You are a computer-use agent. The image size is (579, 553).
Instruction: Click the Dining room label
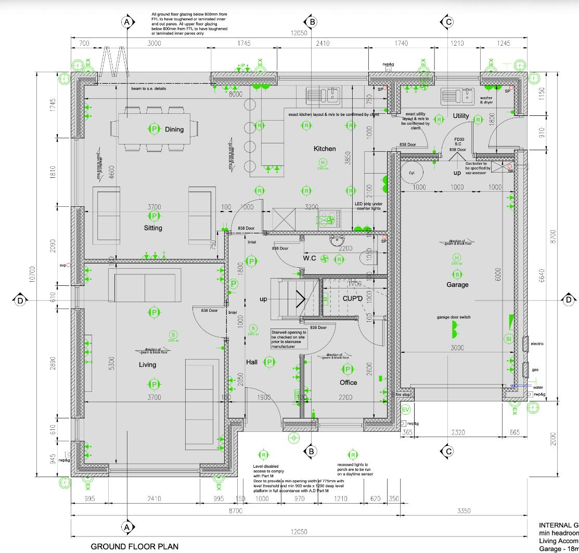(x=174, y=129)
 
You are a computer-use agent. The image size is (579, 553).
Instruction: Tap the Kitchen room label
(x=325, y=149)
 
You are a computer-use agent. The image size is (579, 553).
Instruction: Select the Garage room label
(x=457, y=284)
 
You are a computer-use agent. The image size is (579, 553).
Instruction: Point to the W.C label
(x=311, y=258)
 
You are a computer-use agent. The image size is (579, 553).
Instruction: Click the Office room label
(x=348, y=383)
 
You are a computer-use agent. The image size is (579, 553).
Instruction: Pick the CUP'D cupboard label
(x=352, y=299)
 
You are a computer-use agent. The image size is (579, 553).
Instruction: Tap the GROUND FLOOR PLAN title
(x=134, y=546)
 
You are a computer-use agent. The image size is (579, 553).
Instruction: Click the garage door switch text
(x=454, y=317)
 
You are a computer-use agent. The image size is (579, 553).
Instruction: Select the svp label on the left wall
(x=63, y=265)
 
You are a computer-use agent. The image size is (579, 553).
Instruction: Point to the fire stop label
(x=403, y=395)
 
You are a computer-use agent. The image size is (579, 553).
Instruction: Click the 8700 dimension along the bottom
(x=236, y=511)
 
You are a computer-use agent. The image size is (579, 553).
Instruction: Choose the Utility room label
(x=461, y=115)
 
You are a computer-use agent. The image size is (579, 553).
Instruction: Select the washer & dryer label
(x=486, y=100)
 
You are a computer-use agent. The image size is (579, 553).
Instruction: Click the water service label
(x=538, y=387)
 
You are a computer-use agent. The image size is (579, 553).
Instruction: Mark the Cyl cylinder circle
(x=411, y=173)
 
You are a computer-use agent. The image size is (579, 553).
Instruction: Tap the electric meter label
(x=537, y=344)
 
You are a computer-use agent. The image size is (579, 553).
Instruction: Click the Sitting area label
(x=153, y=228)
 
